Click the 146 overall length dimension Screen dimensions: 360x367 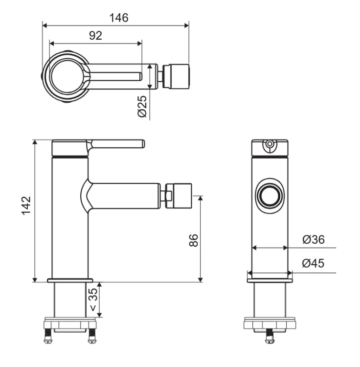point(119,18)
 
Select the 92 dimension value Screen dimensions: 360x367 point(95,36)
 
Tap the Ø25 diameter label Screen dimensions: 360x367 point(142,106)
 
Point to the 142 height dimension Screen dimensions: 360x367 point(26,205)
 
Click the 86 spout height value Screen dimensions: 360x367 point(193,240)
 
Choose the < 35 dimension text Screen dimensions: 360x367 point(93,300)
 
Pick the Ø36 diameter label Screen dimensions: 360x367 point(314,239)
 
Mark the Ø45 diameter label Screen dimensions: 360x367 point(313,263)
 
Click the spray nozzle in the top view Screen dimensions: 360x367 point(176,76)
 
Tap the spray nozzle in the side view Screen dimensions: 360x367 point(179,196)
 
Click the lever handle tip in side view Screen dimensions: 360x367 point(143,144)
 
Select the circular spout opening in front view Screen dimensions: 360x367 point(270,196)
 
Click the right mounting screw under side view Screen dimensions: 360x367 point(92,336)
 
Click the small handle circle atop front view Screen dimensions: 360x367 point(270,143)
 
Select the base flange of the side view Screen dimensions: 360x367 point(70,280)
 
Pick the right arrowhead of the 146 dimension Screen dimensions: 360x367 point(186,25)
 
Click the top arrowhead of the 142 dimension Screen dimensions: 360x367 point(35,142)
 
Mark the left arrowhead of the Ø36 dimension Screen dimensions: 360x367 point(254,248)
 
